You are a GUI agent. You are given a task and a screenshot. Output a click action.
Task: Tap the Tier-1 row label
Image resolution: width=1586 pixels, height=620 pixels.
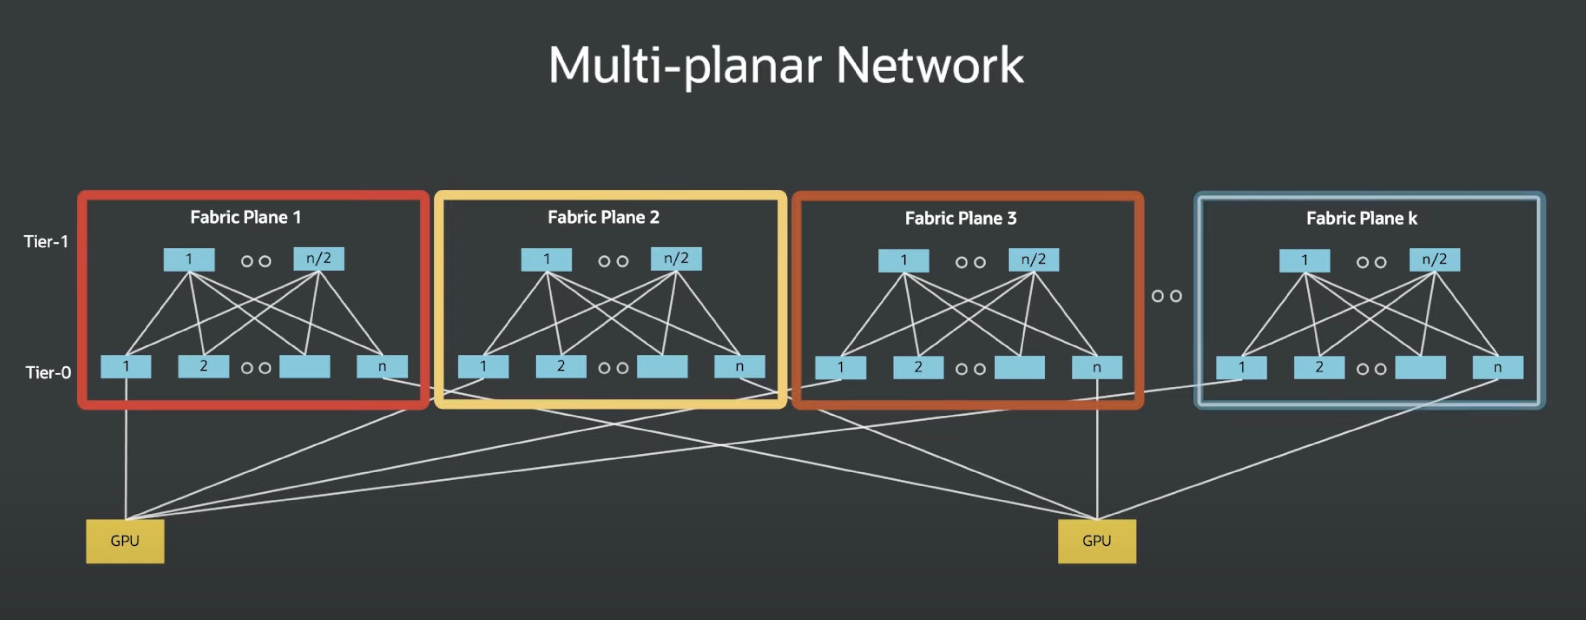click(46, 241)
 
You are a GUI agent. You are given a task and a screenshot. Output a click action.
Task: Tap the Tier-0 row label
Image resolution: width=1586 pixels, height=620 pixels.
click(48, 373)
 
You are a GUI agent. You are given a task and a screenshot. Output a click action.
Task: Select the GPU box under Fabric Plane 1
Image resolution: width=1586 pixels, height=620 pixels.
click(125, 541)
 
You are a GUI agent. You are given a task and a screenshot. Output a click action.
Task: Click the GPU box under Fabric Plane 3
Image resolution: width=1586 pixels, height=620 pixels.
click(1096, 541)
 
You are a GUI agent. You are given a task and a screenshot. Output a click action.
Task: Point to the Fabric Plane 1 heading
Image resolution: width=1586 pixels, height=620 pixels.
click(246, 217)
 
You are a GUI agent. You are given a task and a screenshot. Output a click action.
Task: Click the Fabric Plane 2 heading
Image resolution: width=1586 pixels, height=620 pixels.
click(603, 217)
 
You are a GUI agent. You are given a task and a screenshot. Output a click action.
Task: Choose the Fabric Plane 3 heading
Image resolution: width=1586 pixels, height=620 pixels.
click(960, 218)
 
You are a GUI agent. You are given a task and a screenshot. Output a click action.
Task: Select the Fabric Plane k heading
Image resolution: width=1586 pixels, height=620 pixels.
click(1362, 218)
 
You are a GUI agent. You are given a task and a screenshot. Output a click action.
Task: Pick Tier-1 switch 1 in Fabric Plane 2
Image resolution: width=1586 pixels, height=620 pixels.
click(546, 259)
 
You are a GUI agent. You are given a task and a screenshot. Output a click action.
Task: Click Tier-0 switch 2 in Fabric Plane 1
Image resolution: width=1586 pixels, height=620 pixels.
click(203, 366)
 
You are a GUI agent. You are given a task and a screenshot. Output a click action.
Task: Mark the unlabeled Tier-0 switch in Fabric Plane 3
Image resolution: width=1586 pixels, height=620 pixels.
click(1020, 368)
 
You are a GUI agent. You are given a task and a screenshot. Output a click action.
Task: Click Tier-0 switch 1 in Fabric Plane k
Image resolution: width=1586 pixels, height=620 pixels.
click(1241, 368)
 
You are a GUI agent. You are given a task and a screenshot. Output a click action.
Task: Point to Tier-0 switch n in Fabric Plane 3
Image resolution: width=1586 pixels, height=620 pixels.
click(1096, 368)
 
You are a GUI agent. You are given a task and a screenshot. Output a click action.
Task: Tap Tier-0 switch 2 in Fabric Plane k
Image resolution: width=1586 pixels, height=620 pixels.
click(1319, 368)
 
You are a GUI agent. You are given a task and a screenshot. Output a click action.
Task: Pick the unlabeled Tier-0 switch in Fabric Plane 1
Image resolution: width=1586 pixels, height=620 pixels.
click(305, 366)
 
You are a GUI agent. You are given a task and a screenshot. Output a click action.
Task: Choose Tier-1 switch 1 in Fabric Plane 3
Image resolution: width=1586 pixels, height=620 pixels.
click(903, 260)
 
